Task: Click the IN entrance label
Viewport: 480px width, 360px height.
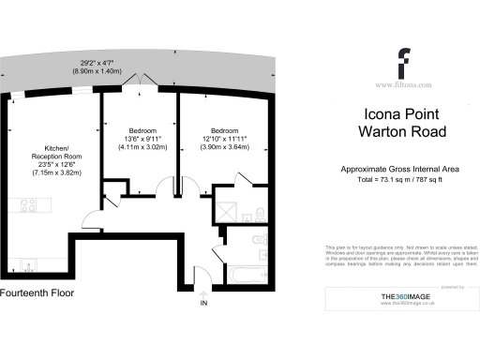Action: point(203,304)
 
